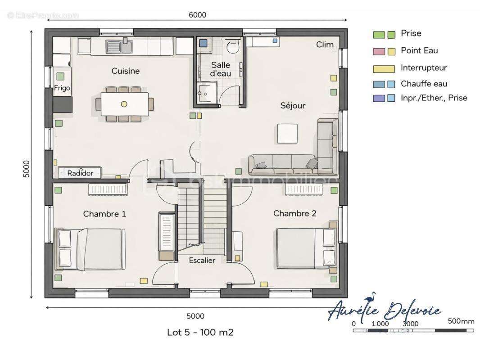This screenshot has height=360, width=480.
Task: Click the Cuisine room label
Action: [126, 71]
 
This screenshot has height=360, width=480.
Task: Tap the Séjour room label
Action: [293, 106]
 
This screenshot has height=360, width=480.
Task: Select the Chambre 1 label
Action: [104, 214]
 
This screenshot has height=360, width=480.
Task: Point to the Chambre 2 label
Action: [295, 213]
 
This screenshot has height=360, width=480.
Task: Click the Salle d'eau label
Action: [220, 69]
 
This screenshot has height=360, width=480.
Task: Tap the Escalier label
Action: [202, 261]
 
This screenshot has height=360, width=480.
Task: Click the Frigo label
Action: [62, 88]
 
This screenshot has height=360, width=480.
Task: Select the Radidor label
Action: [80, 173]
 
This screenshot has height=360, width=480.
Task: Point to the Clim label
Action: [325, 45]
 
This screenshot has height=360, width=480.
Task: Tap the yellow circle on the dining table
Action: [124, 104]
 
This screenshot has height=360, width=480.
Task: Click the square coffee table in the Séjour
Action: [287, 134]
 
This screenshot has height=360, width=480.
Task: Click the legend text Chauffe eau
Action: [424, 84]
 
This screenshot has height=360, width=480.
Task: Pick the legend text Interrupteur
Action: [424, 68]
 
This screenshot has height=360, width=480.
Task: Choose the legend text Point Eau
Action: [419, 50]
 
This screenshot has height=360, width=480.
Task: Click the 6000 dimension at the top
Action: [197, 15]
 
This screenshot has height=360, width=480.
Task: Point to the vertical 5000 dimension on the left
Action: [27, 169]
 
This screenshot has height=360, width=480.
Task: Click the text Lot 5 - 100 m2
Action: [200, 333]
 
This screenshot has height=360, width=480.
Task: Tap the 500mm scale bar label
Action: [461, 321]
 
